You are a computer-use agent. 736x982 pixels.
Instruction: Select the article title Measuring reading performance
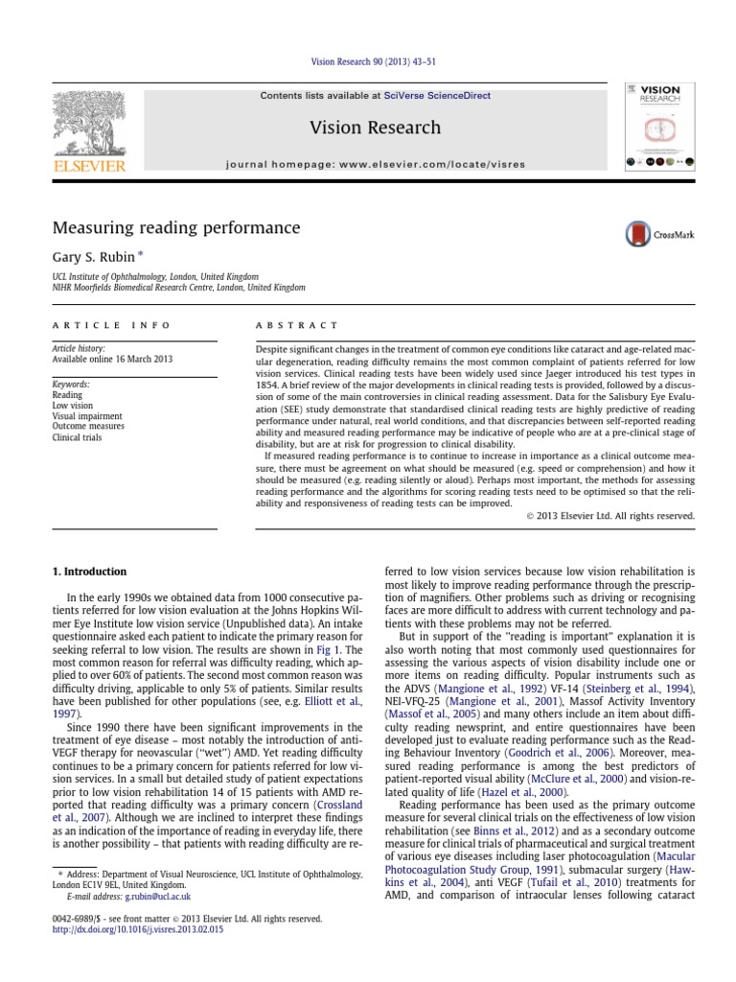coord(175,228)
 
